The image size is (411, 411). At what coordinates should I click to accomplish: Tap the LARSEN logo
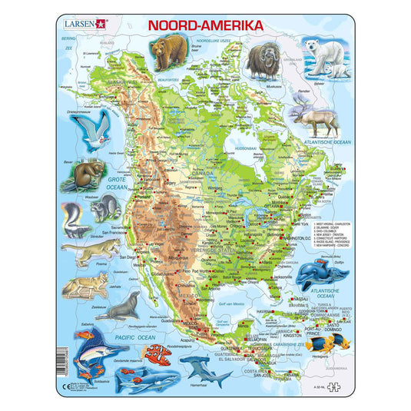coord(84,24)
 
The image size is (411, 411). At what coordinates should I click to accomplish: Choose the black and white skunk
coord(74,216)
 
